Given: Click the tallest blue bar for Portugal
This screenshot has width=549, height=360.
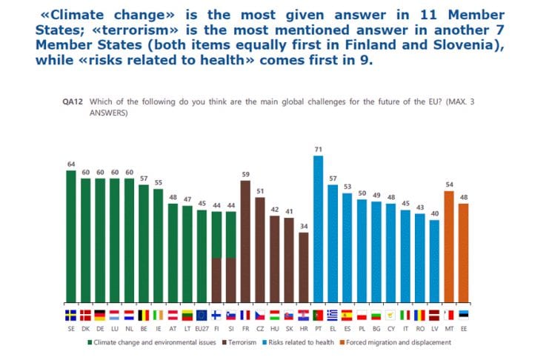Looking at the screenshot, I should pyautogui.click(x=319, y=230).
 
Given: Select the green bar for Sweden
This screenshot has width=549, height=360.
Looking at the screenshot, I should pyautogui.click(x=71, y=237).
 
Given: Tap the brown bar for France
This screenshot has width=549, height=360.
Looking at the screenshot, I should pyautogui.click(x=246, y=241).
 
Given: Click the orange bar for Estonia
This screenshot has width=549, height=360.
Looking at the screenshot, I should pyautogui.click(x=464, y=253).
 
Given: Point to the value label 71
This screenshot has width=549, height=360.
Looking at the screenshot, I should pyautogui.click(x=319, y=150).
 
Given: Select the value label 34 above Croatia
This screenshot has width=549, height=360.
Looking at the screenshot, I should pyautogui.click(x=304, y=227).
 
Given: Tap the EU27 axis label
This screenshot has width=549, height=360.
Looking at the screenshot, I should pyautogui.click(x=202, y=326).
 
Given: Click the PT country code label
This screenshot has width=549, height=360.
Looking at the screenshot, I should pyautogui.click(x=319, y=326).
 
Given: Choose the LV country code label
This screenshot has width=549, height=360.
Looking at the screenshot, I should pyautogui.click(x=434, y=326).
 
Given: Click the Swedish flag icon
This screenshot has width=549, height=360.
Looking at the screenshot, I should pyautogui.click(x=71, y=314).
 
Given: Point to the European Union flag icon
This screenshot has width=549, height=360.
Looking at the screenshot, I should pyautogui.click(x=202, y=314).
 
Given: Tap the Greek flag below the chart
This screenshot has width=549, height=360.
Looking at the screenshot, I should pyautogui.click(x=333, y=314).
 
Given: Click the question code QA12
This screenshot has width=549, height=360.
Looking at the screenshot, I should pyautogui.click(x=73, y=101).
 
